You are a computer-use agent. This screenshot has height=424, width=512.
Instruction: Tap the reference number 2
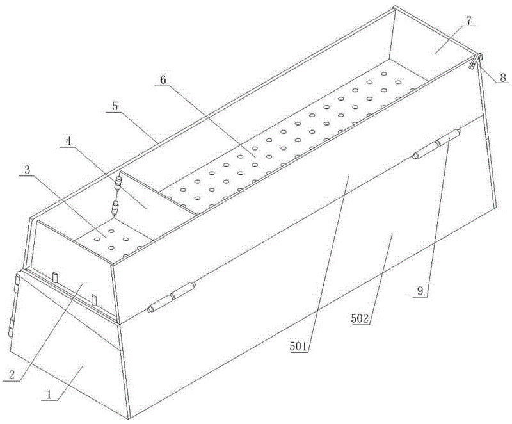(x=12, y=375)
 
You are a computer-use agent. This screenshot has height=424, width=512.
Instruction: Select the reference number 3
(x=27, y=170)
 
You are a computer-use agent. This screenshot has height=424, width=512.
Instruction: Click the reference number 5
(x=115, y=106)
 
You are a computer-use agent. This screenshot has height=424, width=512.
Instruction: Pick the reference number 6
(x=163, y=79)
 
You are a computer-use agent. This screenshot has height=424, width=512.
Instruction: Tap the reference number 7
(x=468, y=20)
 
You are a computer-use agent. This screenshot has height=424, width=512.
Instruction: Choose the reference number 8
(x=502, y=77)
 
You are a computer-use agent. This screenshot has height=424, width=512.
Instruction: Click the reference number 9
(x=421, y=291)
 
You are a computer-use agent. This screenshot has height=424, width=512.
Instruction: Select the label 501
(x=298, y=347)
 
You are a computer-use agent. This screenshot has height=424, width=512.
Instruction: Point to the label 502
(x=360, y=318)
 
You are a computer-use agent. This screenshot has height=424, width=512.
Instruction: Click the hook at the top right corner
(x=476, y=61)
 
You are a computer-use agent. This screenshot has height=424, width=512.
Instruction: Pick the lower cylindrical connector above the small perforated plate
(x=115, y=208)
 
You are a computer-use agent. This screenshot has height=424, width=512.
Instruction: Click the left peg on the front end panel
(x=55, y=278)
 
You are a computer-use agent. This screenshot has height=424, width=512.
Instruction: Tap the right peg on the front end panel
(x=94, y=300)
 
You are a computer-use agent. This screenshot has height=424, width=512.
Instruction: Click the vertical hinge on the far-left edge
(x=15, y=304)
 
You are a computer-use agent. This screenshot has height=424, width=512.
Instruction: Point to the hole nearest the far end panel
(x=384, y=74)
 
